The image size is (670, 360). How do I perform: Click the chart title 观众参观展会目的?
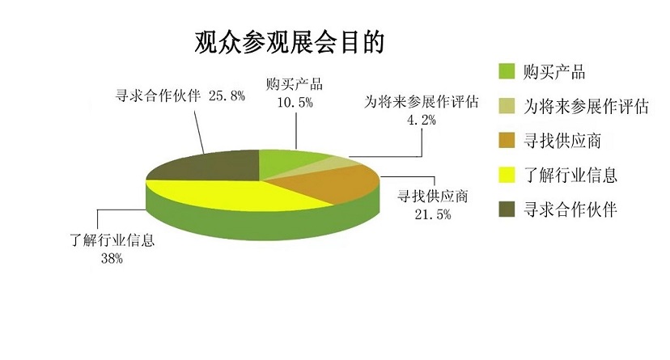(x=290, y=42)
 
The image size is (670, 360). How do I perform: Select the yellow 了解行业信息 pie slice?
(x=231, y=194)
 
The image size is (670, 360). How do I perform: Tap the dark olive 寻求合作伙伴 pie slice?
(x=210, y=166)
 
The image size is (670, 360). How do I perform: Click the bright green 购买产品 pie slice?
(x=286, y=162)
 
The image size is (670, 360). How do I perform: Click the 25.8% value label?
(x=227, y=95)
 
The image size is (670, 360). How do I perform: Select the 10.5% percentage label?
(x=295, y=103)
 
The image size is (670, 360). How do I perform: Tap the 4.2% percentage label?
(x=422, y=121)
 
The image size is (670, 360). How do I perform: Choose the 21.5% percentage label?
(x=432, y=214)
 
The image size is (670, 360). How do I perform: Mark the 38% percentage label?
(x=112, y=258)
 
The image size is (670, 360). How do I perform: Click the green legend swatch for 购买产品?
(x=507, y=71)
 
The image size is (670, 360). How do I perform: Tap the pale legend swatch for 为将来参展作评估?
(x=507, y=106)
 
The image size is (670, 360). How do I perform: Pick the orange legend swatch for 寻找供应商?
(x=507, y=141)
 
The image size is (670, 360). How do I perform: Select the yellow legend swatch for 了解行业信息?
(x=507, y=175)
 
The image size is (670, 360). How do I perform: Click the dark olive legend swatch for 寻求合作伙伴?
(x=507, y=210)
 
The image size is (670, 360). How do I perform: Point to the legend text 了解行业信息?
(x=570, y=175)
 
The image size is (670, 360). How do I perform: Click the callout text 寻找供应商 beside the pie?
(x=432, y=197)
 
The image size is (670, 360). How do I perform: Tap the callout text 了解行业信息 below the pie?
(x=112, y=240)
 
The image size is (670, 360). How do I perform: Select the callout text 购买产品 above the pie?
(x=295, y=84)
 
